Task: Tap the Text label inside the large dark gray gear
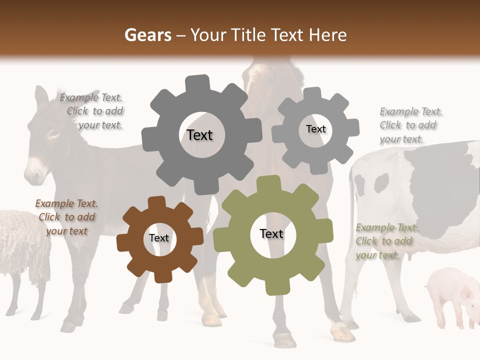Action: pos(199,135)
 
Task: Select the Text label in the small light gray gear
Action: pos(315,129)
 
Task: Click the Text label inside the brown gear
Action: pos(159,238)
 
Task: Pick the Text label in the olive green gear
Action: pos(271,233)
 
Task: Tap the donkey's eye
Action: pos(53,134)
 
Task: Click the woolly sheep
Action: pos(22,245)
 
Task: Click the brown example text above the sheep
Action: pos(66,217)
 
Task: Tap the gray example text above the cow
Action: pos(410,125)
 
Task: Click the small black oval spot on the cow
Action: pos(381,183)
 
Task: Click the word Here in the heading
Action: pos(327,35)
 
